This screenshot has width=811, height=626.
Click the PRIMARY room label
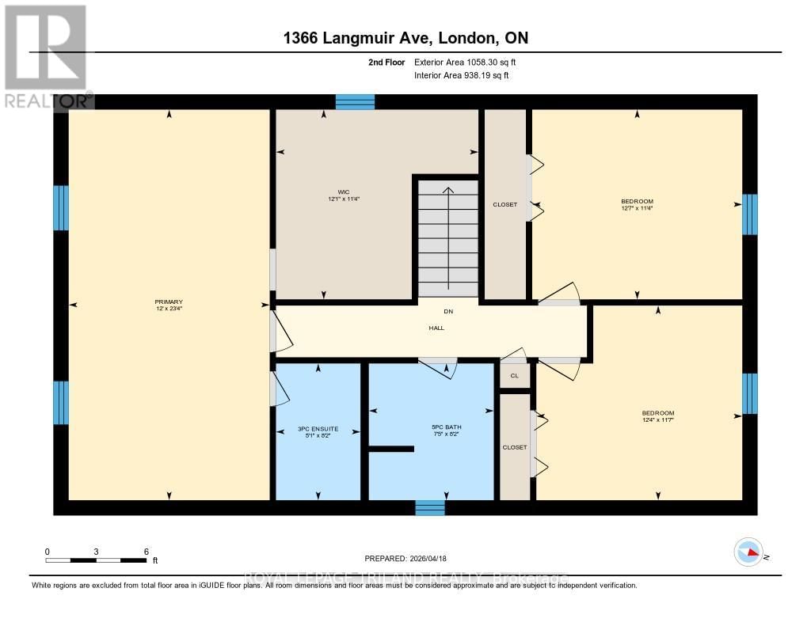[169, 302]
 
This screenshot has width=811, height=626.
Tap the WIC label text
[344, 192]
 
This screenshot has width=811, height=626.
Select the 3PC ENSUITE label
[318, 429]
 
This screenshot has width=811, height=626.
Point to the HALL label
[436, 328]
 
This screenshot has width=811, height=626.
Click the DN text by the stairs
[447, 311]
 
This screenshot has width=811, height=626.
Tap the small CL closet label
[514, 376]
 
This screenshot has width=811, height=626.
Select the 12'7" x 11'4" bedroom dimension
[637, 208]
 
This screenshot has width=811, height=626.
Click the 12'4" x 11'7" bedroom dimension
[657, 420]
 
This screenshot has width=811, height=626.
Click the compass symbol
[748, 552]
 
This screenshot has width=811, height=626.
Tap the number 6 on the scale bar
[146, 551]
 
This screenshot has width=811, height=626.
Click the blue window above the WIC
[355, 101]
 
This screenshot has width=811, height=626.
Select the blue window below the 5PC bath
[430, 507]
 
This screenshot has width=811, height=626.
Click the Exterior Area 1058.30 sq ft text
[465, 62]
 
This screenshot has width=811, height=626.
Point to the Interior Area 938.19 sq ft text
[461, 75]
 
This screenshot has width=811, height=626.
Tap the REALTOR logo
[45, 55]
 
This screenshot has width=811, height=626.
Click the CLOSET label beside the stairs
[504, 204]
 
